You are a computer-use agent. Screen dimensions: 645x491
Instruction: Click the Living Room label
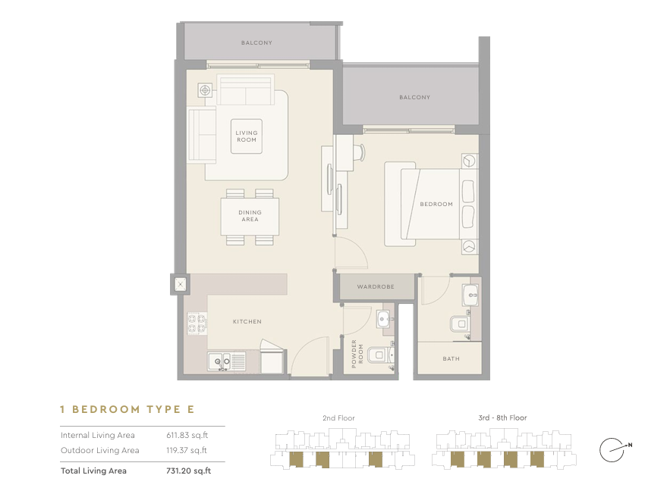coord(247,136)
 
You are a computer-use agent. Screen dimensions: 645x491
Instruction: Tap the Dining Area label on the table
coord(250,216)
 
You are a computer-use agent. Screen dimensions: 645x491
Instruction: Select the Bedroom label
coord(436,205)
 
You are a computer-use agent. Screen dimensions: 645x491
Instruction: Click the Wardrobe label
coord(376,286)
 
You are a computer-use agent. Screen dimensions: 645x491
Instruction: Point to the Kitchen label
coord(247,322)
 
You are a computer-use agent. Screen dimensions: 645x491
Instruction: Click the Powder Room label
coord(357,354)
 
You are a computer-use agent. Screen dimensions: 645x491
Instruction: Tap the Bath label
coord(451,358)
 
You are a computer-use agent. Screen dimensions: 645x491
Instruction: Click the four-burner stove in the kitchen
coord(197,324)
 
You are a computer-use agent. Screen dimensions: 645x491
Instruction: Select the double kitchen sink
coord(220,362)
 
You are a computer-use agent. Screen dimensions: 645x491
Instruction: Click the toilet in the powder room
coord(379,355)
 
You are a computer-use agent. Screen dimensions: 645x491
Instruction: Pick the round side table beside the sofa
coord(205,90)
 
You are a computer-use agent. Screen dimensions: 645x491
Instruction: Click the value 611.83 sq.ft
coord(187,435)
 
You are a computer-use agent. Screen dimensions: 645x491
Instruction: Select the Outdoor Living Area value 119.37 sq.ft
coord(187,450)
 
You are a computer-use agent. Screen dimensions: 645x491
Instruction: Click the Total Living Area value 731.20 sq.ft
coord(188,471)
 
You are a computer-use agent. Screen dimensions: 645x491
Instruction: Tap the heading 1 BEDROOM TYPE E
coord(127,409)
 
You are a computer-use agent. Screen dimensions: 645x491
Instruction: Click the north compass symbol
coord(615,449)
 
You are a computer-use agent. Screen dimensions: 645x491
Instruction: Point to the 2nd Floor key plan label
coord(338,418)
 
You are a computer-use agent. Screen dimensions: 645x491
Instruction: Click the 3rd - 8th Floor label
coord(502,418)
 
